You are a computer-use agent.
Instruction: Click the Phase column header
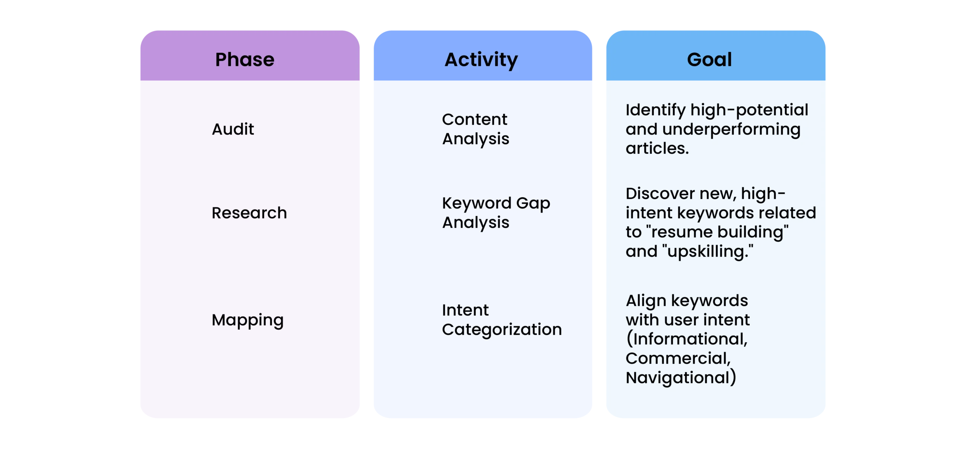tap(245, 60)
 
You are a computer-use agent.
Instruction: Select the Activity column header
tap(481, 60)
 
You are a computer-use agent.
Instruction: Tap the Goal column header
tap(709, 60)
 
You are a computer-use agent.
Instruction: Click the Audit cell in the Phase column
tap(233, 129)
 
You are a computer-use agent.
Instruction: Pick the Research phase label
tap(249, 213)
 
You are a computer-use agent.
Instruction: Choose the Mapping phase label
tap(248, 321)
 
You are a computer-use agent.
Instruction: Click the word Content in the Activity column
tap(475, 119)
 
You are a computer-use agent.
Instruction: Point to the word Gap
tap(533, 204)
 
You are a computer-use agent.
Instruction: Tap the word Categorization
tap(502, 330)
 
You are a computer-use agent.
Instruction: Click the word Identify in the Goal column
tap(655, 110)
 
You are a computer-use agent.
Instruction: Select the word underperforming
tap(731, 130)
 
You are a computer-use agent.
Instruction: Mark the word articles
tap(657, 148)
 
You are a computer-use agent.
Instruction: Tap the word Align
tap(646, 301)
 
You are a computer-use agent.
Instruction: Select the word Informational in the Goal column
tap(687, 339)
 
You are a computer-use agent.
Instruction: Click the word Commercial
tap(678, 358)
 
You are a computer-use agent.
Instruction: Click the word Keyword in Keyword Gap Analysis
tap(477, 204)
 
